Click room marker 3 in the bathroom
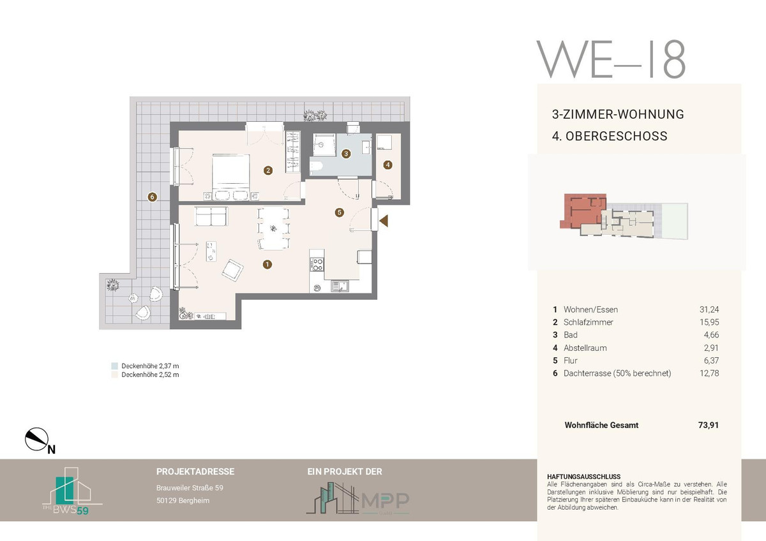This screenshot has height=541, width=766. [346, 154]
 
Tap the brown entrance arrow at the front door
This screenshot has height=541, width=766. [384, 221]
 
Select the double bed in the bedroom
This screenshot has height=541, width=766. [231, 177]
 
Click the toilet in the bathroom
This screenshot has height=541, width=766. [317, 166]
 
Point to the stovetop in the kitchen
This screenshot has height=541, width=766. [317, 265]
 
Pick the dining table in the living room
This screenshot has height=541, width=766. [274, 228]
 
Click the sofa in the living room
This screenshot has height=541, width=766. [211, 216]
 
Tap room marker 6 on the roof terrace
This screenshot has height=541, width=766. [152, 197]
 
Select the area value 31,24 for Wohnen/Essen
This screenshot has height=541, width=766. [709, 309]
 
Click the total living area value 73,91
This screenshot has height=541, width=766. [708, 425]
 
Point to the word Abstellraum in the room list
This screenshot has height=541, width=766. [585, 348]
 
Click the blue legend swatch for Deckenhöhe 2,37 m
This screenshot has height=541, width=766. [114, 366]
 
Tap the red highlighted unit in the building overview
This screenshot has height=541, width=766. [583, 209]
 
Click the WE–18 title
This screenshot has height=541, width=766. [611, 59]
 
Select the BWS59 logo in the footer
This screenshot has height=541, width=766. [72, 491]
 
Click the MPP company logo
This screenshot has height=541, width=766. [357, 498]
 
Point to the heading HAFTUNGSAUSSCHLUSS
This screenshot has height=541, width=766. [583, 477]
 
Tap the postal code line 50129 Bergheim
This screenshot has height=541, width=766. [183, 501]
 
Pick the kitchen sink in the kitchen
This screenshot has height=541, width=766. [340, 286]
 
